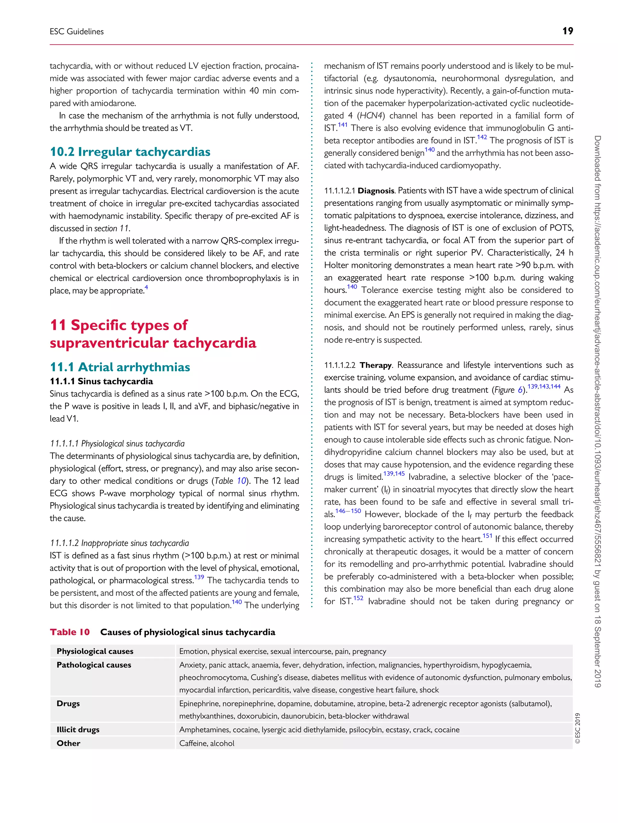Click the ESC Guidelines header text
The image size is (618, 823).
point(77,32)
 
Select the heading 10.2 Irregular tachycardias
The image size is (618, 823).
point(130,152)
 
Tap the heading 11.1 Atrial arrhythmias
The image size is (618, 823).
point(120,367)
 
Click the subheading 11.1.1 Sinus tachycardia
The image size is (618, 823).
point(101,381)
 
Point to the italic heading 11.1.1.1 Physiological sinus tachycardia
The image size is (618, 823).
point(117,444)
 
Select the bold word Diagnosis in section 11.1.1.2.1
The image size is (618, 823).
point(375,191)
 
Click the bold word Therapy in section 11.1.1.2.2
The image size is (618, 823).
point(375,365)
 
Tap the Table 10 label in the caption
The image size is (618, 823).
point(70,632)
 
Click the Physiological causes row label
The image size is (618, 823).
point(95,651)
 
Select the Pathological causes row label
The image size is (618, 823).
point(94,665)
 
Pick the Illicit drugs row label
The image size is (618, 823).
point(78,730)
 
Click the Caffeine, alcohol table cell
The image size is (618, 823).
point(207,743)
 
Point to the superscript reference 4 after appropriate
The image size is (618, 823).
point(146,287)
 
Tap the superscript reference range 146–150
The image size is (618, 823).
point(348,511)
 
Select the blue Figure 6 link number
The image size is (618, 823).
point(520,390)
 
